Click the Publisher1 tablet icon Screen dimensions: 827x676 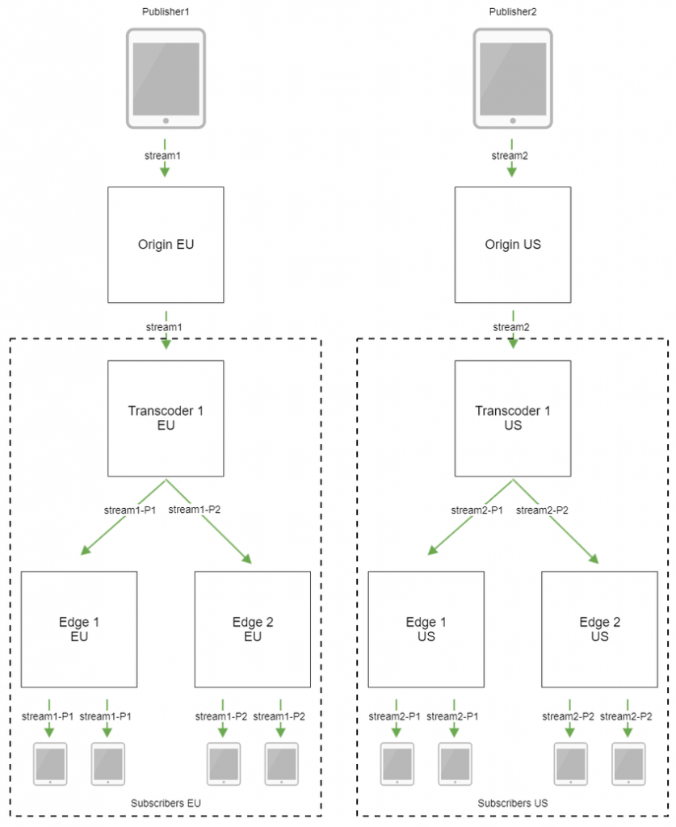point(166,78)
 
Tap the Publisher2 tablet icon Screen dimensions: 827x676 point(513,78)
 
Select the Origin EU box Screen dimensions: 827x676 point(166,245)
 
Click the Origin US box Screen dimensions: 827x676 point(513,245)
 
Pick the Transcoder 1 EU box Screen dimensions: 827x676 point(166,418)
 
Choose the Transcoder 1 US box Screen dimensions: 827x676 point(513,418)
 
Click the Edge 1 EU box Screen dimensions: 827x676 point(79,629)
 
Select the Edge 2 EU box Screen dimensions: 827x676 point(253,629)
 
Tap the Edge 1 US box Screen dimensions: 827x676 point(426,629)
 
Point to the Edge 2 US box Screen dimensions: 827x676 point(599,629)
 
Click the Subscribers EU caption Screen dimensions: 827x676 point(166,804)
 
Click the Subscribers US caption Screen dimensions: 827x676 point(513,804)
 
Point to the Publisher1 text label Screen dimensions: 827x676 point(166,10)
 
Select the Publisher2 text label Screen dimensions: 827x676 point(513,10)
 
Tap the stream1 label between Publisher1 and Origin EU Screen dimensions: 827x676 point(166,154)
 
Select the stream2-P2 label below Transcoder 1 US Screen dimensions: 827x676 point(543,510)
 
